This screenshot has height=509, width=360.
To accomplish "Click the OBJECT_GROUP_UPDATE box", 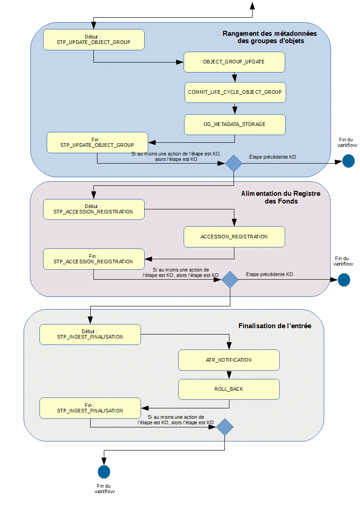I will (x=234, y=62).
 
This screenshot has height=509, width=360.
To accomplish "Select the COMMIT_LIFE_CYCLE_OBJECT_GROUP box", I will (x=235, y=92).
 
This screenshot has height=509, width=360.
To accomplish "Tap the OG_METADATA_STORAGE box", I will (x=234, y=124).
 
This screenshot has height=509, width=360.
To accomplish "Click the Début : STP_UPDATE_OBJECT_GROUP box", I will (x=93, y=39).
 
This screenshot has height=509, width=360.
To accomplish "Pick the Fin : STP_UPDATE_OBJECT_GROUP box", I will (x=97, y=142).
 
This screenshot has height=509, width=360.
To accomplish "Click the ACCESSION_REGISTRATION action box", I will (x=234, y=237).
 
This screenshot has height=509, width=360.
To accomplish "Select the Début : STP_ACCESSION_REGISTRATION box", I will (x=93, y=209).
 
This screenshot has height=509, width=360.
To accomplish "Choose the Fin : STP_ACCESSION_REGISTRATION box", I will (x=93, y=259).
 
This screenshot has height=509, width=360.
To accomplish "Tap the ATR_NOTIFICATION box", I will (x=229, y=360).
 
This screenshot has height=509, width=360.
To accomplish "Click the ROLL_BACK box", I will (x=229, y=389).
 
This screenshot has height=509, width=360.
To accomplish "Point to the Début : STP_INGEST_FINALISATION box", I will (x=90, y=334).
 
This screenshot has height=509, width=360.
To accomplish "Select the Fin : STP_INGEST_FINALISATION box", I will (x=90, y=408).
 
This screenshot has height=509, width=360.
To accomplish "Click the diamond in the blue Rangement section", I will (x=234, y=163).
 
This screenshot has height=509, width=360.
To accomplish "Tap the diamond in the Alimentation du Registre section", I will (x=230, y=280).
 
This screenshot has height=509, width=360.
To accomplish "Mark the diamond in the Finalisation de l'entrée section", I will (x=224, y=427).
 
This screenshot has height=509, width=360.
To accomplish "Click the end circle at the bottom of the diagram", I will (x=104, y=472).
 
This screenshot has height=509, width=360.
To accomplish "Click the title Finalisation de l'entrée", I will (x=275, y=326).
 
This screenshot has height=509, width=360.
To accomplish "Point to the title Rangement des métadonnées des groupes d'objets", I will (x=270, y=37).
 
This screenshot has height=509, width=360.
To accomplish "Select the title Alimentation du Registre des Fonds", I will (x=281, y=197).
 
